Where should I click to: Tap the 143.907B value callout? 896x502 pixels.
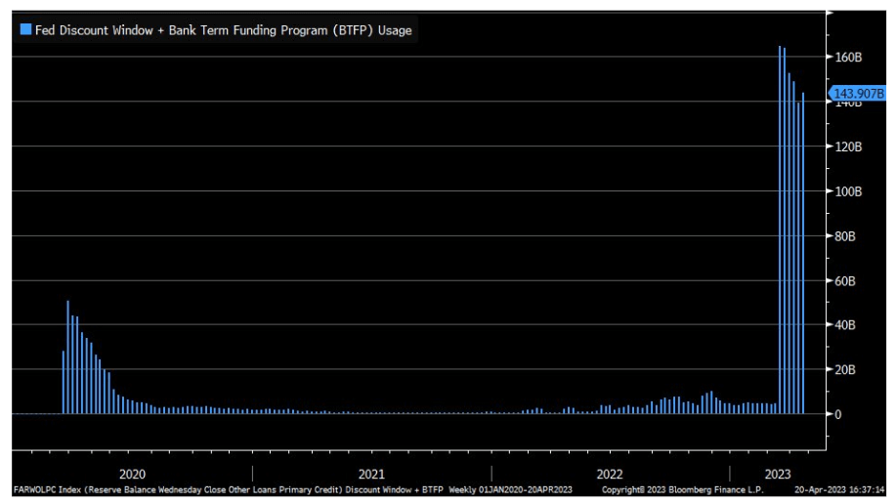[x=857, y=94]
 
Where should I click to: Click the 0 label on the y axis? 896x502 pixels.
[x=837, y=414]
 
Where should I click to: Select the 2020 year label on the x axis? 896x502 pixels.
[x=131, y=474]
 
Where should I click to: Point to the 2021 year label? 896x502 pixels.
[x=371, y=474]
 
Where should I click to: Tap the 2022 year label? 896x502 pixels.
[x=610, y=474]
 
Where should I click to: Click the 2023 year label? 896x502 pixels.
[x=777, y=474]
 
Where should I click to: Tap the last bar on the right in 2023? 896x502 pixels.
[x=803, y=253]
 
